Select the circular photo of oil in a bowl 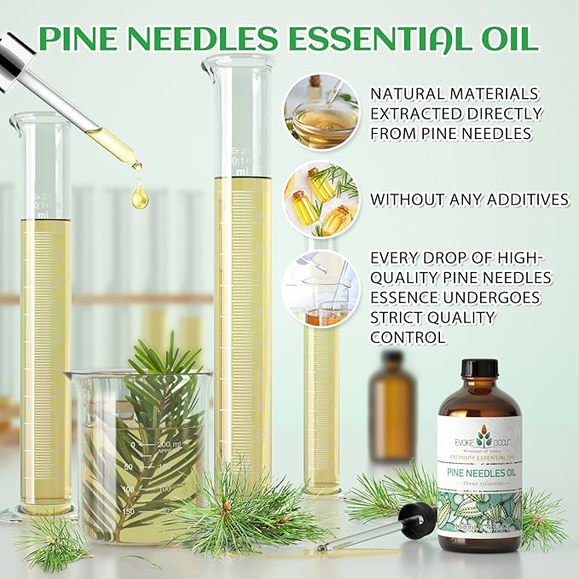(x=321, y=111)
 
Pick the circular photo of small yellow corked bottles (x=321, y=200)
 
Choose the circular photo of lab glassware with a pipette (x=321, y=288)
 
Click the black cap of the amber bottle (x=478, y=369)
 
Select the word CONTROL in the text (x=408, y=337)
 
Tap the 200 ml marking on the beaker (x=170, y=445)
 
